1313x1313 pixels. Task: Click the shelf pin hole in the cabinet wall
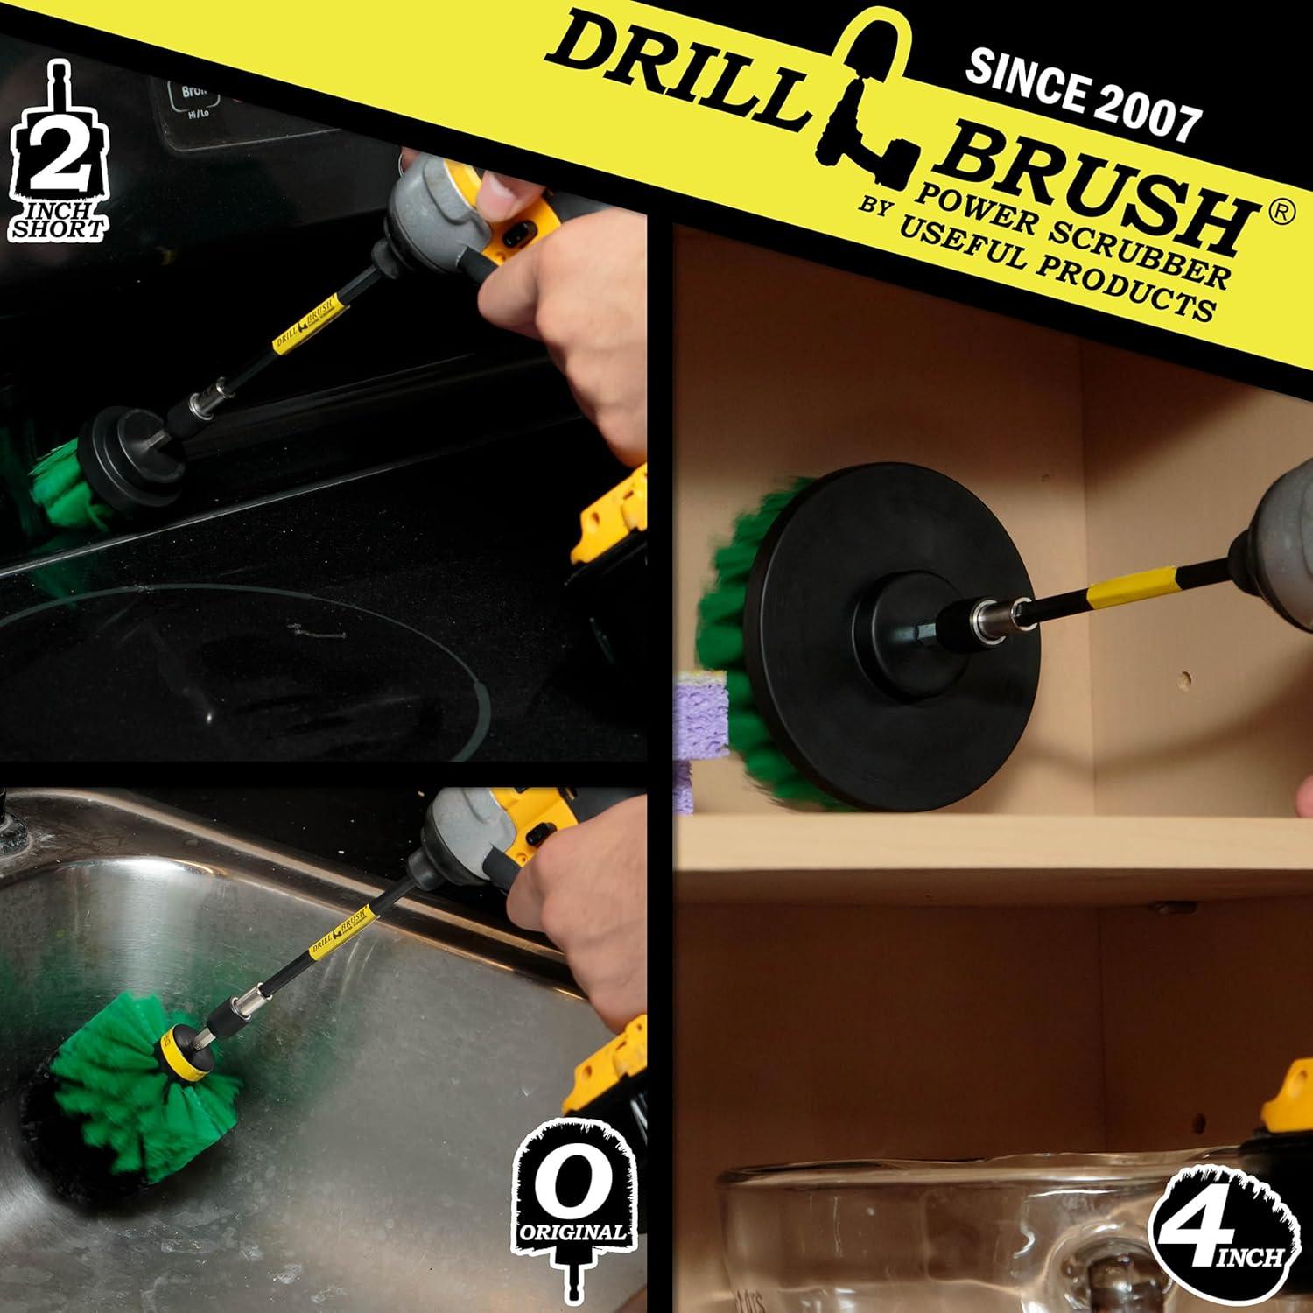(x=1183, y=678)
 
